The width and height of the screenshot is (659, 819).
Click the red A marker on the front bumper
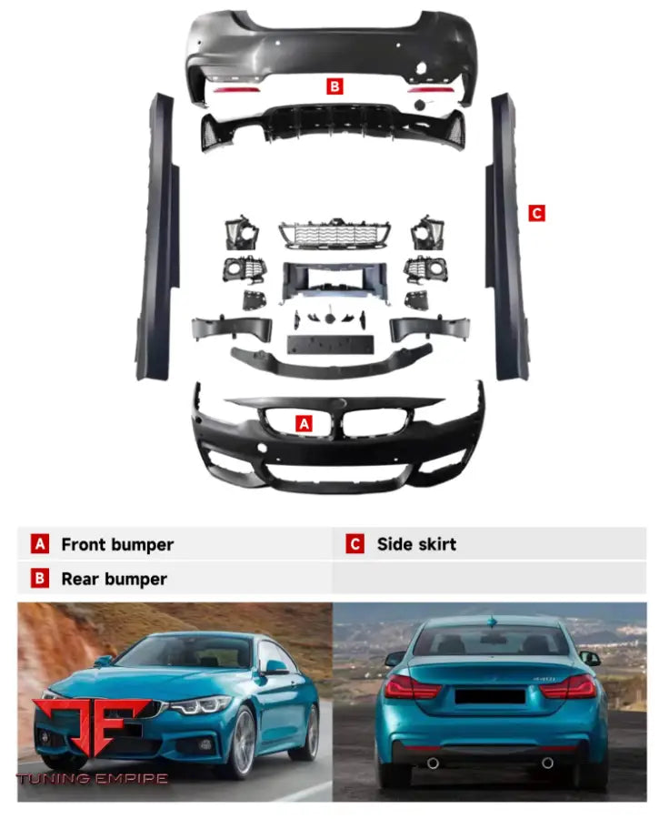point(305,423)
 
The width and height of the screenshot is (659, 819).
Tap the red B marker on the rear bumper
point(334,86)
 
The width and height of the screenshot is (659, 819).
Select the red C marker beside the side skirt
point(536,213)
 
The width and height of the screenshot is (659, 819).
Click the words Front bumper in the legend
point(116,544)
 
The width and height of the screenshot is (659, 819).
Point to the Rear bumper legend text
point(114,579)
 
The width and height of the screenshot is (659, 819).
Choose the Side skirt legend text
point(416,544)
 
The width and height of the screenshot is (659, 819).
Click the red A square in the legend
point(40,544)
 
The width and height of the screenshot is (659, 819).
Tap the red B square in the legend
point(40,579)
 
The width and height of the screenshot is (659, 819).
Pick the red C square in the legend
point(355,544)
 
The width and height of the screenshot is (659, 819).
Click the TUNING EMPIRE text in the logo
point(91,779)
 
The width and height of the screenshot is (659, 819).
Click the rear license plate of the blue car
point(490,696)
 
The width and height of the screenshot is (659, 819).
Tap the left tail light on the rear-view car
point(412,687)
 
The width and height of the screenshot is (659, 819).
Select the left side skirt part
point(156,237)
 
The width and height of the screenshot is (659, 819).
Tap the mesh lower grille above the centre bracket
point(334,234)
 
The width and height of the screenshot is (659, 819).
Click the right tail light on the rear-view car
point(569,687)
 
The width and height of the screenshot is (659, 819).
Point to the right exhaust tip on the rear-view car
point(548,763)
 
